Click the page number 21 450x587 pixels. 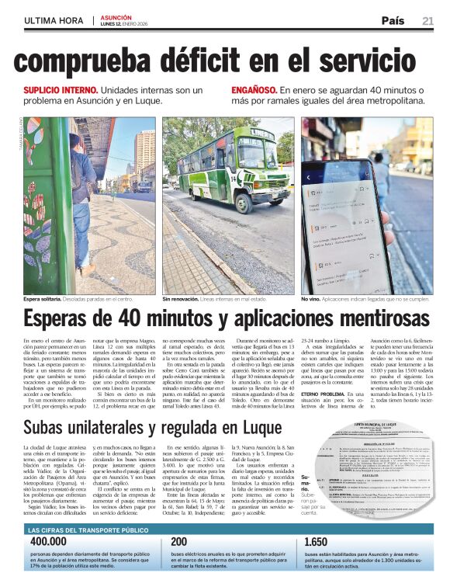[427, 20]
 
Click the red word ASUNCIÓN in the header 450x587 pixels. [116, 16]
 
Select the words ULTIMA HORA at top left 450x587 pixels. [50, 20]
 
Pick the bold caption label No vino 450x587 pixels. [313, 298]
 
